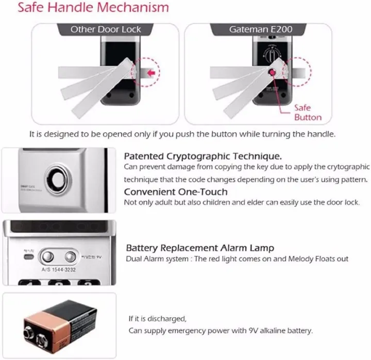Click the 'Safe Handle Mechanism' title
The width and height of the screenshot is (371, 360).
[x=93, y=8]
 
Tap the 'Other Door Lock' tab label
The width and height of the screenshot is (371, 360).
[x=106, y=29]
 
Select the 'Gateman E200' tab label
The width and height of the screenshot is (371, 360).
[x=261, y=29]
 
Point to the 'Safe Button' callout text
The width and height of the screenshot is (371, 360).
[x=308, y=113]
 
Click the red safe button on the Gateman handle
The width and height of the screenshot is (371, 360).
[x=270, y=73]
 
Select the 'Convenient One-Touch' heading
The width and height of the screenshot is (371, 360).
[x=176, y=192]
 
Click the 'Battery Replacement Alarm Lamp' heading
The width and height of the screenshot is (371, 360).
[x=200, y=248]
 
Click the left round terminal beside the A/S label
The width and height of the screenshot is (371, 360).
[x=48, y=256]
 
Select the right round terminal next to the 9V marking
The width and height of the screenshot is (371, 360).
[x=70, y=256]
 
